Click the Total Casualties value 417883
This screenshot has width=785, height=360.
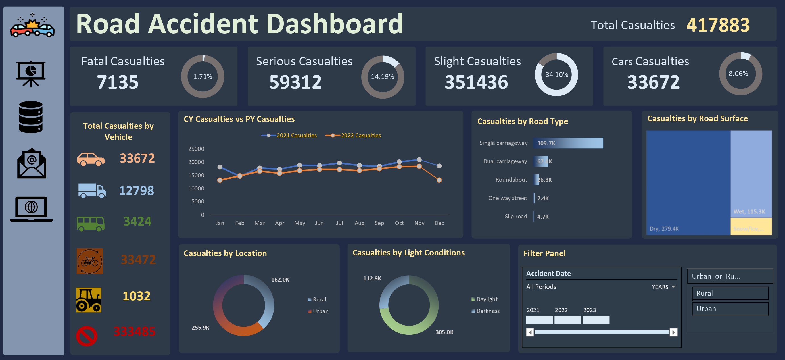pos(718,25)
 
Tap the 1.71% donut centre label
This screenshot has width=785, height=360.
pos(203,76)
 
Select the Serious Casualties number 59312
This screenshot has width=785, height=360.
pos(295,82)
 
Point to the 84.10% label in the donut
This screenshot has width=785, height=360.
pos(556,75)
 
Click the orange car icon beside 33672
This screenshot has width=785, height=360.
pos(91,159)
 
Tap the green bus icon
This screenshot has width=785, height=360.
pos(91,223)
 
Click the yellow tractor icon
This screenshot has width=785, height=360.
pos(89,300)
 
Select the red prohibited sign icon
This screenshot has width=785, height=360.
pos(87,336)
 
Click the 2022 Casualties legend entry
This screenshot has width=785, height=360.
pos(354,135)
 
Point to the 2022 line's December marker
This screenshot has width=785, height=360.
pos(439,180)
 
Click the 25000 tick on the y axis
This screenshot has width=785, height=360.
pos(196,149)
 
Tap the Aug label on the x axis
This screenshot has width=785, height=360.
pos(359,223)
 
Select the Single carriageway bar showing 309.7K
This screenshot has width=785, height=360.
pos(568,143)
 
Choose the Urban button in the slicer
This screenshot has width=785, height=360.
pos(730,309)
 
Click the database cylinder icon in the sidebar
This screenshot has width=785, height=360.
pos(31,117)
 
